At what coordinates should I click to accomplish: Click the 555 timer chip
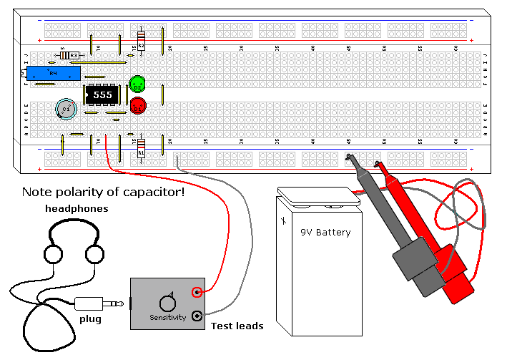coord(102,94)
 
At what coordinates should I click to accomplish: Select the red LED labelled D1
coord(137,107)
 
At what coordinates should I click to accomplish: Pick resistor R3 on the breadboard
coord(70,55)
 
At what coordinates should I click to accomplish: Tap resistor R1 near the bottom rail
coord(141,149)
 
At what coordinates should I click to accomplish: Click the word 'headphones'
coord(77,209)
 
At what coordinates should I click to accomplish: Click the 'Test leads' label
coord(237,326)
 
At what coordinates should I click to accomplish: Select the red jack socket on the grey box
coord(197,292)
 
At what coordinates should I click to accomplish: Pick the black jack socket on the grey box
coord(197,314)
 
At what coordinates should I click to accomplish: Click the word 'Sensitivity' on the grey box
coord(167,318)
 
